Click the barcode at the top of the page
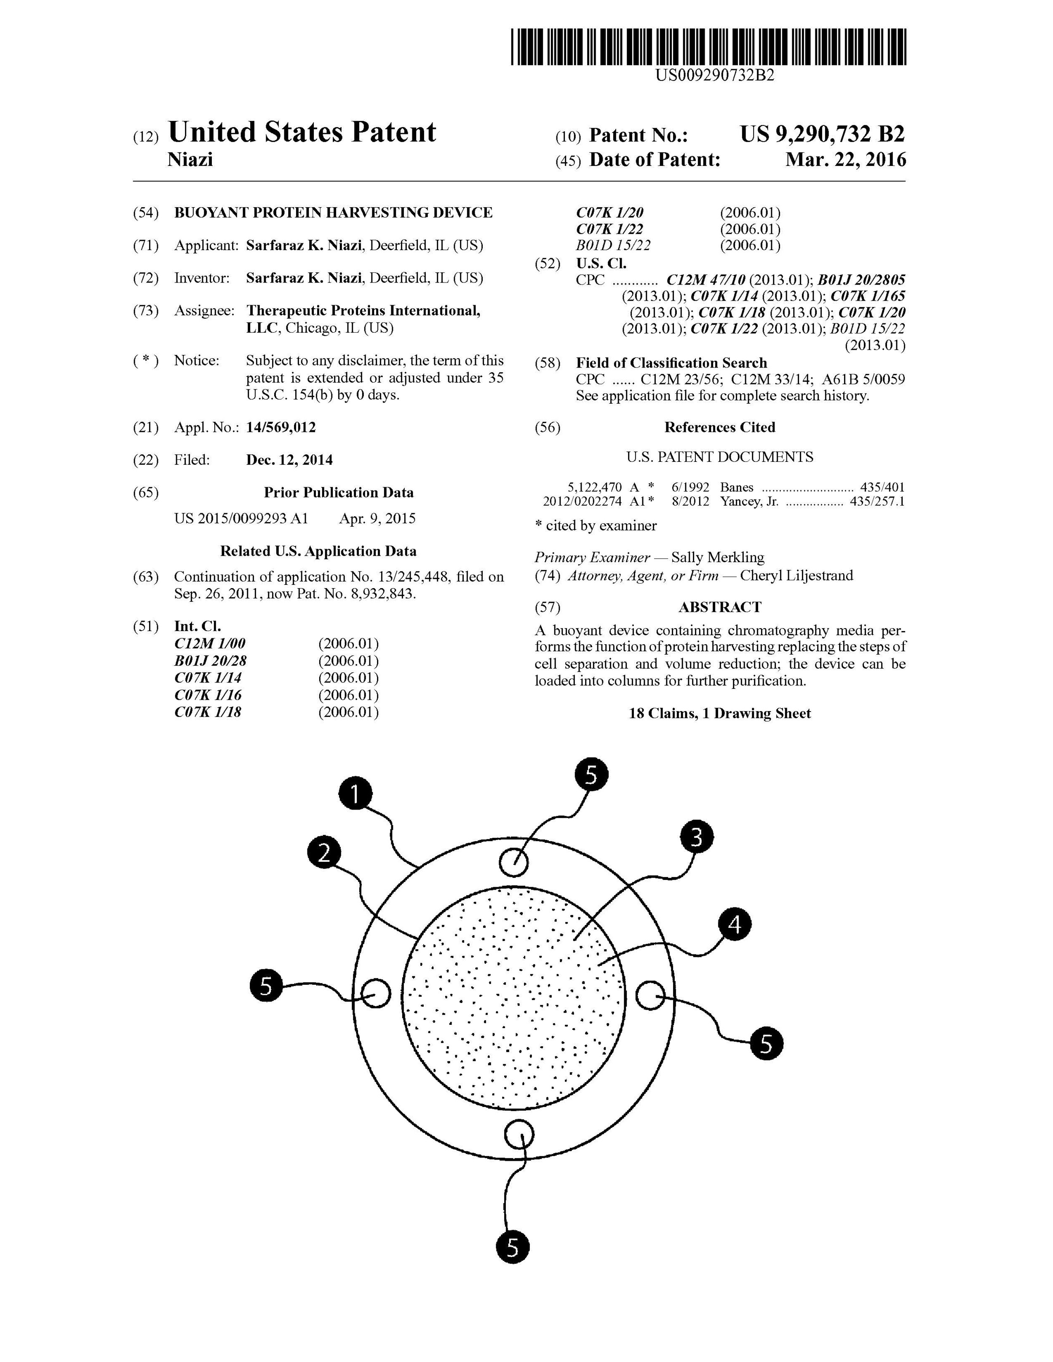point(708,47)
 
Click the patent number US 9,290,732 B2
point(822,134)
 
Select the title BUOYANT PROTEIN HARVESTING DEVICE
point(333,213)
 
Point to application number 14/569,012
point(281,427)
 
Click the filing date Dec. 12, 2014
point(289,460)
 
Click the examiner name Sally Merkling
point(717,557)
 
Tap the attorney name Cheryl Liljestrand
point(796,576)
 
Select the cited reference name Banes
point(737,488)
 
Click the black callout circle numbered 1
point(355,794)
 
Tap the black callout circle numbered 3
point(697,837)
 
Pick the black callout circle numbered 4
point(735,924)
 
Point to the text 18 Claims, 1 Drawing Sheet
point(720,714)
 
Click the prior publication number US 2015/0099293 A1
point(241,519)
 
